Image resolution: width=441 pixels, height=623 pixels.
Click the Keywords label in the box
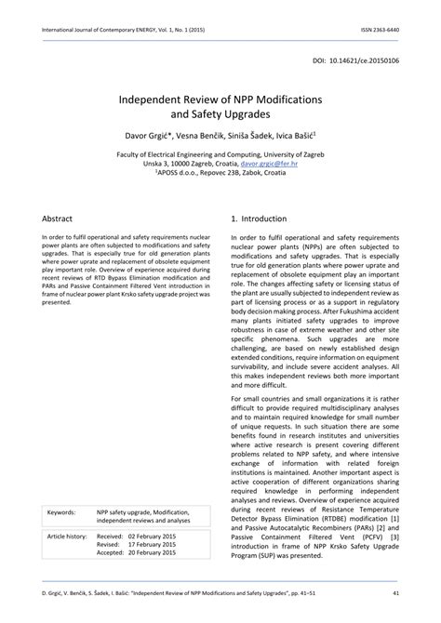pos(61,510)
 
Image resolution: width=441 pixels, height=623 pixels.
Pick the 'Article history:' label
pos(67,537)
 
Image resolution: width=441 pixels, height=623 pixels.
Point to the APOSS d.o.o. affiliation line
pos(220,171)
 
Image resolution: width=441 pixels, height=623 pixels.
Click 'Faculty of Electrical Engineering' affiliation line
pos(220,150)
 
